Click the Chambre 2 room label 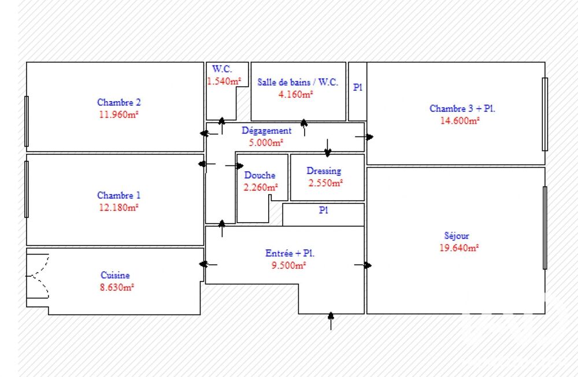coord(118,102)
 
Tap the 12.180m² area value coord(118,208)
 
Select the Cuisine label coord(115,275)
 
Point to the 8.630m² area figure coord(117,287)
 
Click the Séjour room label coord(457,236)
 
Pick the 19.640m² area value coord(459,247)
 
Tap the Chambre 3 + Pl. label coord(462,109)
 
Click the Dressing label coord(324,171)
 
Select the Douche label coord(260,175)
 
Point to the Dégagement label coord(266,131)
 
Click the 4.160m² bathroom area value coord(295,94)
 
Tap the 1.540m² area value coord(224,81)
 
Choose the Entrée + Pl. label coord(290,253)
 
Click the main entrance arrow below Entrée coord(331,321)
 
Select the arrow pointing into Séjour coord(363,265)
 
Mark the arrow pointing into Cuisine coord(208,264)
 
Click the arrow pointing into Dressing coord(328,147)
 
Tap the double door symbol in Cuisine coord(38,276)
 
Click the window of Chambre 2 coord(27,121)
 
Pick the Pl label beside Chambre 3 coord(358,87)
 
